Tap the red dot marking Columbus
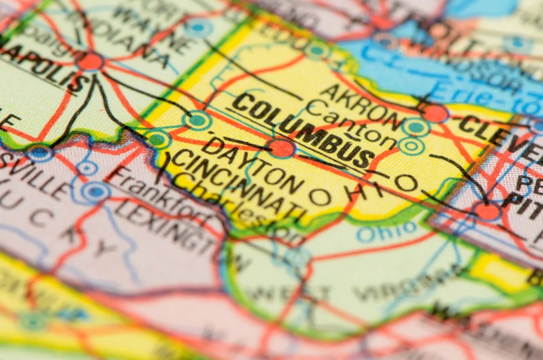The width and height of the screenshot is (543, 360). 281,148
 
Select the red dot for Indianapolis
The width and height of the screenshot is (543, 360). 90,62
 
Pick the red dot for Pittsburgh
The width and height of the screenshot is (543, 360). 487,211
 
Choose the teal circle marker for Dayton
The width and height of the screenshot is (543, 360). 197,120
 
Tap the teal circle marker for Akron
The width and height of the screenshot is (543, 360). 416,127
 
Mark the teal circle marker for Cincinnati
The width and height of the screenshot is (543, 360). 157,140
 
